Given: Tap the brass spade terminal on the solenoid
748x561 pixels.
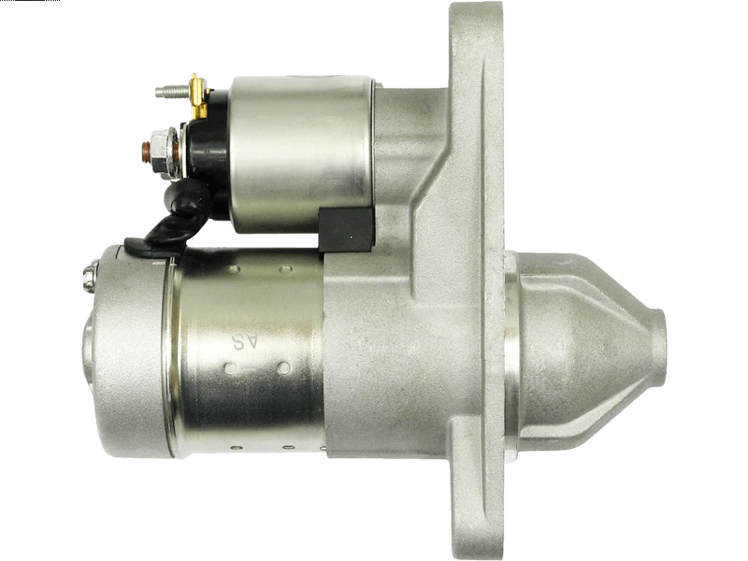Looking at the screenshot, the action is pyautogui.click(x=197, y=97).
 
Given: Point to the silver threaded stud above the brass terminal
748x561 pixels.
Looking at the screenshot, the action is pyautogui.click(x=172, y=91).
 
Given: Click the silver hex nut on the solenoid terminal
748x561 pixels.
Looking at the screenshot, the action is pyautogui.click(x=160, y=149).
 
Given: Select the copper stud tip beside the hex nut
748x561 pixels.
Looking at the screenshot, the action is pyautogui.click(x=146, y=150).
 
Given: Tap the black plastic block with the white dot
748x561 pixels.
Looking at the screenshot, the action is pyautogui.click(x=345, y=229).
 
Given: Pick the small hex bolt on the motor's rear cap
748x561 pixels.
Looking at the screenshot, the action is pyautogui.click(x=90, y=276).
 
